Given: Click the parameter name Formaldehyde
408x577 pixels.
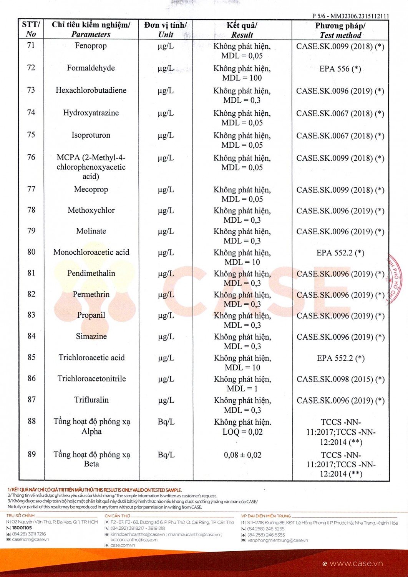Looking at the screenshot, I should [91, 68].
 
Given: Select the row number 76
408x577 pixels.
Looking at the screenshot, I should [31, 157].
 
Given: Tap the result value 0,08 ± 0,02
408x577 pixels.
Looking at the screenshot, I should [242, 455].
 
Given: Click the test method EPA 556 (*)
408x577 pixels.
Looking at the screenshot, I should [340, 69].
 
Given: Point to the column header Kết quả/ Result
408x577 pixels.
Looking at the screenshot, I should [242, 30].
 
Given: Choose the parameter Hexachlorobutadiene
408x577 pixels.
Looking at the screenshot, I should [91, 90].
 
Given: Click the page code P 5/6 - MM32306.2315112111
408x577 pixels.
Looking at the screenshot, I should [350, 16].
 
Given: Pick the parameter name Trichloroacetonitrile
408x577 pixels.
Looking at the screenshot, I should [91, 379].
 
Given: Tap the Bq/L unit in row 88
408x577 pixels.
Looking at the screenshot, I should [166, 422].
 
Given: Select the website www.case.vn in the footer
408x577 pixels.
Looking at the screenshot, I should [356, 564].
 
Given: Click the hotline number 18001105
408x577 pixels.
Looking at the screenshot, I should [22, 528].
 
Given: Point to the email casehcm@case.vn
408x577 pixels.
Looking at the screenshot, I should [30, 539].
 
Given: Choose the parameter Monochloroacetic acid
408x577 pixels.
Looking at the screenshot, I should [91, 252].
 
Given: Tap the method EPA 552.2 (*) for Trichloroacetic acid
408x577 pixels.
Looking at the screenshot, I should [340, 358].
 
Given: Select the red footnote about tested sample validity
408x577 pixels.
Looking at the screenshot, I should [95, 490].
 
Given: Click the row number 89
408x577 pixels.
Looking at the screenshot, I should [32, 454].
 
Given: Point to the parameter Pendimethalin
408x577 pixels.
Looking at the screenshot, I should [91, 273].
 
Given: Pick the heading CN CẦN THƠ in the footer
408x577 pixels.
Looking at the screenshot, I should [117, 516].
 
